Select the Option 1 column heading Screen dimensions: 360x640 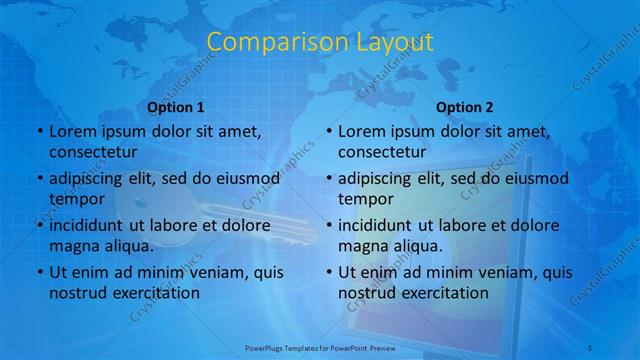[176, 107]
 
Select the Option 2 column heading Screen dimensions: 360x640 [465, 107]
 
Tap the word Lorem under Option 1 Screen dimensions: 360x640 [72, 131]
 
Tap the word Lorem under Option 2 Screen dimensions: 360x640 [361, 131]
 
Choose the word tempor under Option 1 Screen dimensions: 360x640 [75, 199]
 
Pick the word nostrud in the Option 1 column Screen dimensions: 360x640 [76, 293]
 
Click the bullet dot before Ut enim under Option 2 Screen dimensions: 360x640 [329, 272]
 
